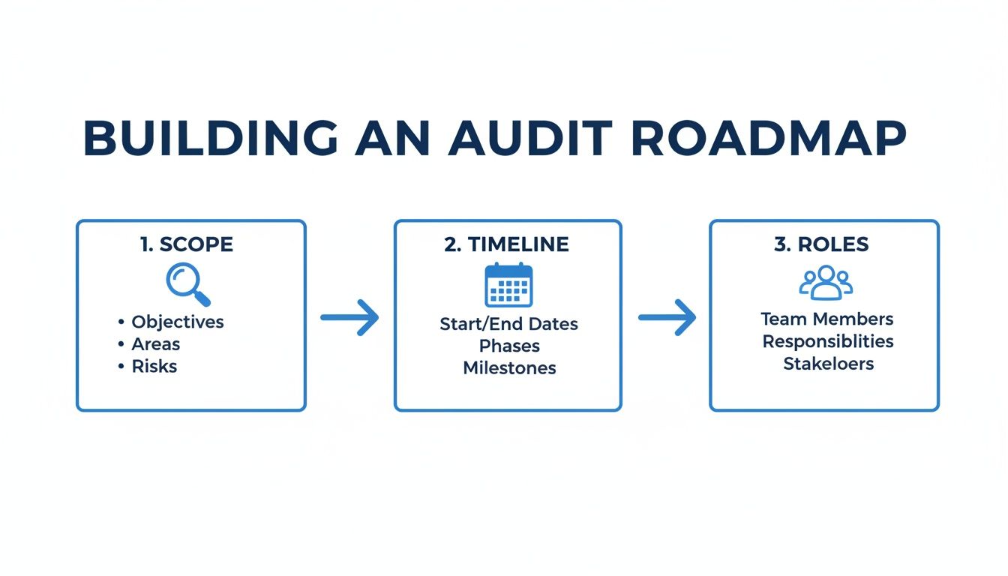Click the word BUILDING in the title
pos(211,139)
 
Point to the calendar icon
pos(508,285)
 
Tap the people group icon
pos(825,283)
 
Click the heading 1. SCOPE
pos(187,244)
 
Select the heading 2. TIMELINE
pos(506,244)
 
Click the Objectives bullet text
pos(178,322)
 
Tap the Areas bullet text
pos(156,344)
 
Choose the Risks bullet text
pos(154,367)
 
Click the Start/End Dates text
pos(508,325)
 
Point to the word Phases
pos(509,346)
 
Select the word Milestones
pos(509,368)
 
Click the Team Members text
pos(827,319)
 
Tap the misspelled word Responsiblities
pos(828,341)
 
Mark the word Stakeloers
pos(828,364)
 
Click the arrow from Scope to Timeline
pos(349,318)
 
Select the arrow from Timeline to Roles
pos(667,318)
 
